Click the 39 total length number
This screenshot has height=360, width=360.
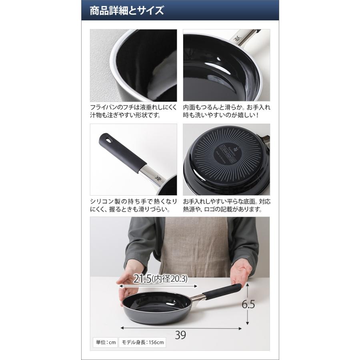180,335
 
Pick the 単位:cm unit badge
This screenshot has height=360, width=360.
104,343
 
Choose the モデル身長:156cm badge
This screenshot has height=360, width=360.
142,343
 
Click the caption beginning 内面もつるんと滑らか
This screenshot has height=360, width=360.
226,112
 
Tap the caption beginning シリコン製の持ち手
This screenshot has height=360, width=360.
133,205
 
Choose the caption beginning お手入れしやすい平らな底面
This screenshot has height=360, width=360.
226,205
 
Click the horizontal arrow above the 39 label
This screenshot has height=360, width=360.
180,328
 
